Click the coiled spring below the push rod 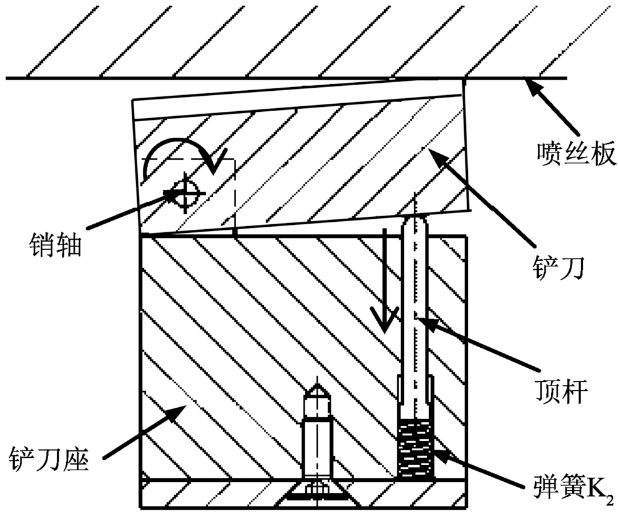(415, 447)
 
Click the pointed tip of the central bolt (318, 390)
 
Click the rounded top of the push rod (415, 221)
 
